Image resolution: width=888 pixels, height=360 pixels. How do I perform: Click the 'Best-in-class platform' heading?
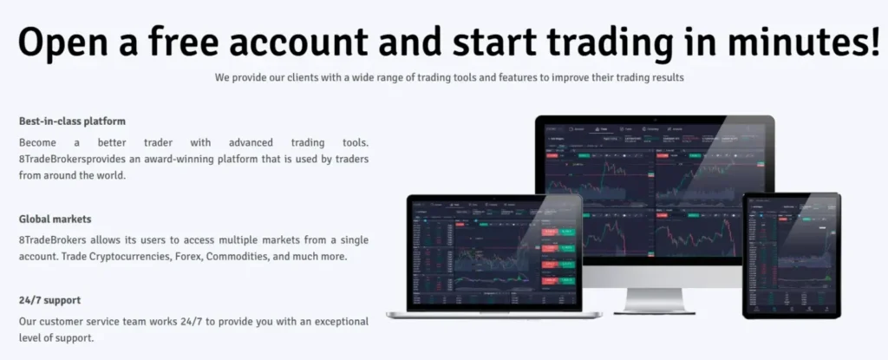pyautogui.click(x=72, y=121)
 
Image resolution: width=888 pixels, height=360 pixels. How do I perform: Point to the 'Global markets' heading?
pyautogui.click(x=55, y=219)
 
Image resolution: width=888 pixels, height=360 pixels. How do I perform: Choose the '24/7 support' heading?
pyautogui.click(x=49, y=300)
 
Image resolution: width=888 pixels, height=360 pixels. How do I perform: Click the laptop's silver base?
pyautogui.click(x=486, y=313)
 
